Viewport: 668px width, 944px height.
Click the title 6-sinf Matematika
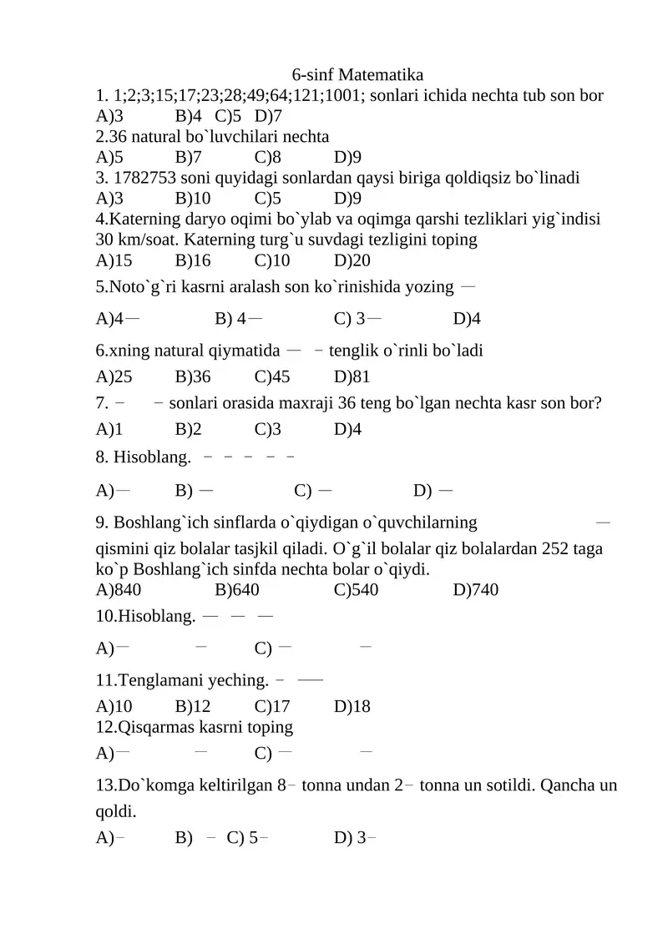click(358, 75)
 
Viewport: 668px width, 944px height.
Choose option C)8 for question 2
click(267, 157)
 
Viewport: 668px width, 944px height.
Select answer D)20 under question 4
click(352, 260)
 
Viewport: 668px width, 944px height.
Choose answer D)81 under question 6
click(352, 377)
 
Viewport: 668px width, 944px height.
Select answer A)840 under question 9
click(119, 590)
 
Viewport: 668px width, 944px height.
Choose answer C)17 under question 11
click(271, 706)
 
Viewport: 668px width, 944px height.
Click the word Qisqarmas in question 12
click(156, 727)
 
